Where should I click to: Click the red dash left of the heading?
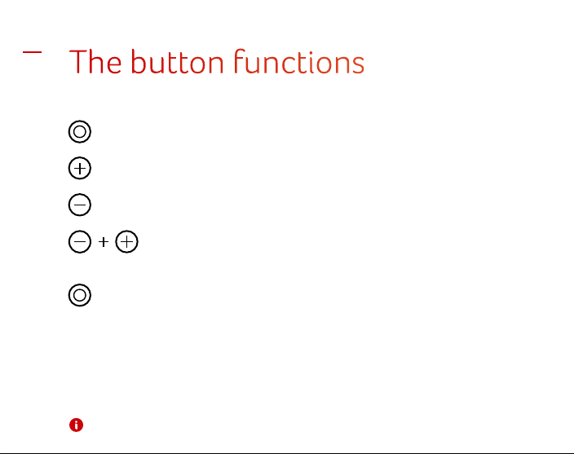(33, 52)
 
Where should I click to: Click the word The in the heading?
(95, 62)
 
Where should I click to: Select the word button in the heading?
(177, 62)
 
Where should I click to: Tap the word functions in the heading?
(299, 61)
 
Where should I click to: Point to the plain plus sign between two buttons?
(104, 242)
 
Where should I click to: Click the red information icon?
(76, 425)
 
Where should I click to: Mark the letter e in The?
(113, 64)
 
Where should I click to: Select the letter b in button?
(139, 62)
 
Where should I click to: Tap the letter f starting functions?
(239, 61)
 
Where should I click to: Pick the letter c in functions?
(288, 64)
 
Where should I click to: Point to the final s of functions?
(358, 64)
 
